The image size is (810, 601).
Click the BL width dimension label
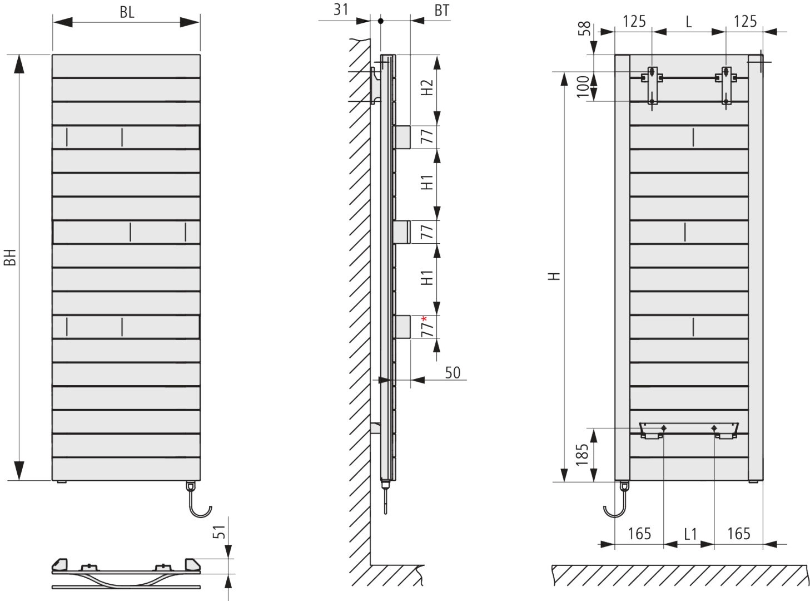coord(127,12)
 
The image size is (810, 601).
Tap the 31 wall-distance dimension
coord(341,10)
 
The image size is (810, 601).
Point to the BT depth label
coord(441,10)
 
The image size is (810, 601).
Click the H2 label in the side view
coord(426,87)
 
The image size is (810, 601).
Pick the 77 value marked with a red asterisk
coord(426,328)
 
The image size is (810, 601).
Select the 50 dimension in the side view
coord(453,372)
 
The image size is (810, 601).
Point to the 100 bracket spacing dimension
coord(583,87)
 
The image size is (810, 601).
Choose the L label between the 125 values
coord(689,22)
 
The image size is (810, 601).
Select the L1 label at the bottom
coord(690,534)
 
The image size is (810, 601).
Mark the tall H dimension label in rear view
coord(554,276)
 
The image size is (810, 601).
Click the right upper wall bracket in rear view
coord(726,84)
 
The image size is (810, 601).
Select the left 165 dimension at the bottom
coord(639,534)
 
